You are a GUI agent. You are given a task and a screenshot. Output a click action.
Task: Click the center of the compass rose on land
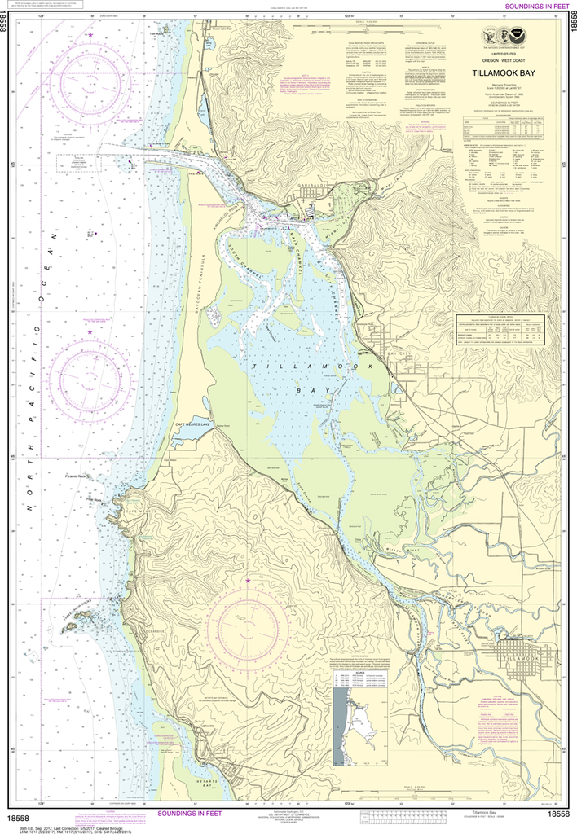(x=248, y=625)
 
